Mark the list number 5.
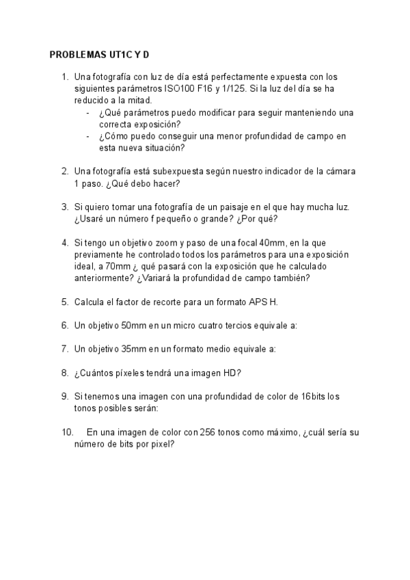coord(64,302)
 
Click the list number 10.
coord(67,432)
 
